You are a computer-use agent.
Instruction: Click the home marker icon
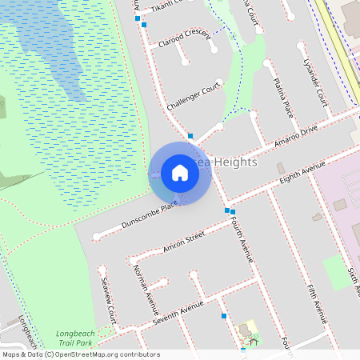tap(180, 172)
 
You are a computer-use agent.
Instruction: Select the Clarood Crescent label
tap(184, 38)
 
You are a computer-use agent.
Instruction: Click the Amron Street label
tap(184, 240)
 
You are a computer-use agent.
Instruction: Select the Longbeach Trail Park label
tap(74, 338)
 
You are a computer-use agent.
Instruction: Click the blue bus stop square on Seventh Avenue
tap(224, 315)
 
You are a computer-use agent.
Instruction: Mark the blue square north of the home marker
tap(190, 136)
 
